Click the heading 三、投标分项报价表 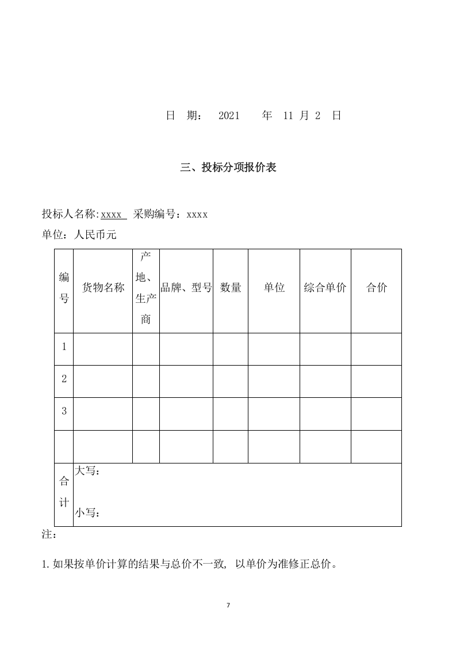coord(228,168)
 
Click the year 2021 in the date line coord(229,116)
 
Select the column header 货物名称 coord(103,288)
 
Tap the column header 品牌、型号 coord(186,288)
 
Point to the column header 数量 coord(231,288)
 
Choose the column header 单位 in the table coord(274,288)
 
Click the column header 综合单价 coord(325,288)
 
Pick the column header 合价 coord(376,288)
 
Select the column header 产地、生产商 coord(146,288)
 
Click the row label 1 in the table coord(64,347)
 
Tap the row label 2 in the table coord(64,379)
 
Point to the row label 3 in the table coord(64,411)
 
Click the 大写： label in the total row coord(88,472)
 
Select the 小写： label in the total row coord(88,512)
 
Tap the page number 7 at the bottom coord(228,605)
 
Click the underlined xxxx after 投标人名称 coord(112,215)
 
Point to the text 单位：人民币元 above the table coord(79,235)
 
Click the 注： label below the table coord(49,535)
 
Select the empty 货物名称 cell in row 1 coord(103,349)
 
